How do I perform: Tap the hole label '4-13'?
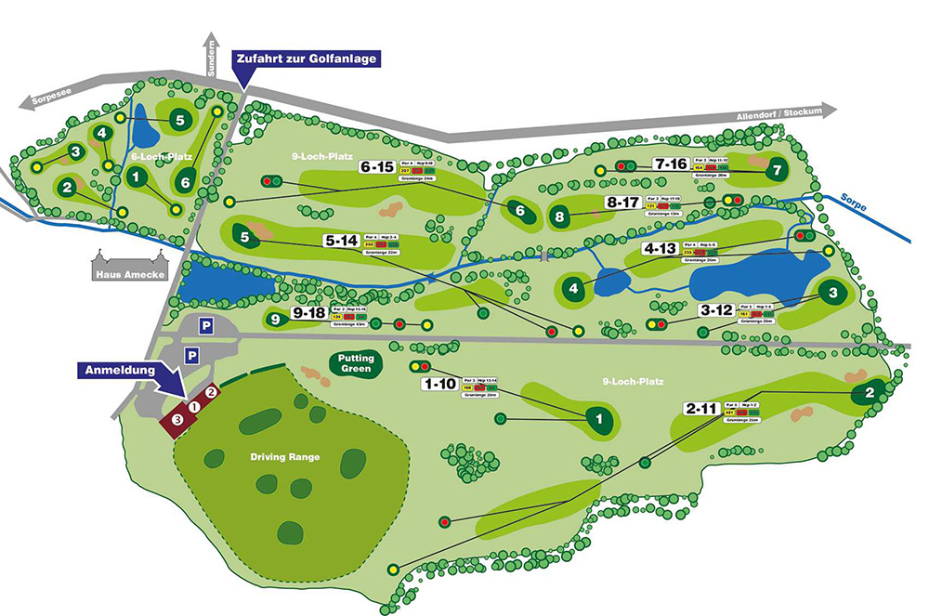pyautogui.click(x=661, y=248)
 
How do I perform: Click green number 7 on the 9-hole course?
pyautogui.click(x=777, y=169)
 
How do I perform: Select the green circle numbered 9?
pyautogui.click(x=275, y=320)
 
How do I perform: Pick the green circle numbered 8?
pyautogui.click(x=559, y=216)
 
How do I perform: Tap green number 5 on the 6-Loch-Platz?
pyautogui.click(x=180, y=119)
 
